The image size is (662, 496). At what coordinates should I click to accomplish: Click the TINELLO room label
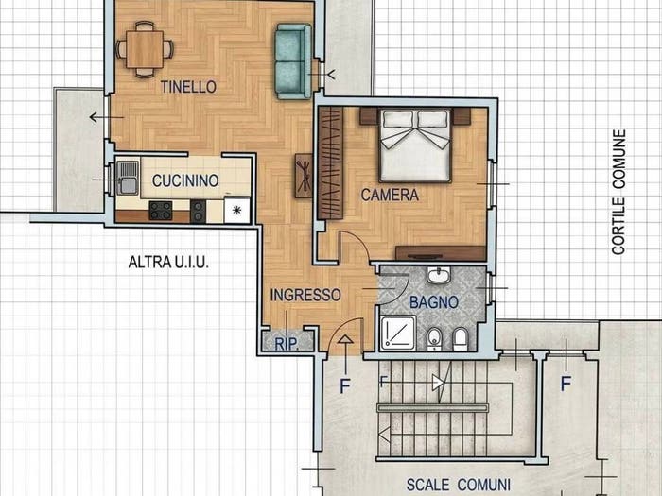[188, 87]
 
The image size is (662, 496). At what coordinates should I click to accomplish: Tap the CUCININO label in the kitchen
[185, 181]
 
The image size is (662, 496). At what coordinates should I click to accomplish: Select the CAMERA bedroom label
[390, 195]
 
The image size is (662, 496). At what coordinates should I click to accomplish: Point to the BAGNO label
[434, 302]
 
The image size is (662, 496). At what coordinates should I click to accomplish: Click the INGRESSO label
[305, 295]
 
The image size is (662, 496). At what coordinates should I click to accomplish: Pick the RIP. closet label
[287, 344]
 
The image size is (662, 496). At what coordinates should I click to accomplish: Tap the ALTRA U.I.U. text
[168, 262]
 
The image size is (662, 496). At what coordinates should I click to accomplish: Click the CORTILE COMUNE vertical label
[618, 192]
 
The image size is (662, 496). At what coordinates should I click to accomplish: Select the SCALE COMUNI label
[458, 485]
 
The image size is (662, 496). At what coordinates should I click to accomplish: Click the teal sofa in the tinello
[293, 61]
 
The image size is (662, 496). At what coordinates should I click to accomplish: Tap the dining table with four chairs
[145, 49]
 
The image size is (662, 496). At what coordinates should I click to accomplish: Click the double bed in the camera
[415, 145]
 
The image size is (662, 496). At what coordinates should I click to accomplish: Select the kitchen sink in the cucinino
[127, 178]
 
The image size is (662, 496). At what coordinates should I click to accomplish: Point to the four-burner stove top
[161, 211]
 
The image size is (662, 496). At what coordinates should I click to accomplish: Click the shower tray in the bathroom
[398, 334]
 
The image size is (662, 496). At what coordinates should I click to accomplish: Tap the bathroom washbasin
[439, 275]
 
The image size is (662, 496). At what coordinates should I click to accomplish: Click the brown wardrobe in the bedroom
[331, 162]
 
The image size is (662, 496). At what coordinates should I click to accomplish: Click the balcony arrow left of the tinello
[106, 117]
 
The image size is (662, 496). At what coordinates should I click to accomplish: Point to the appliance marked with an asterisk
[236, 209]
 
